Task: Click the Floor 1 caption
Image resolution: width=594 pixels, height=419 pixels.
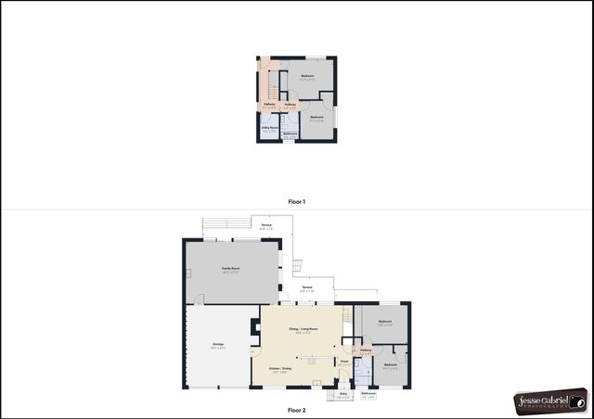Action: coord(296,201)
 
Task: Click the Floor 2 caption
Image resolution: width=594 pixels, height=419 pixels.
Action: coord(296,409)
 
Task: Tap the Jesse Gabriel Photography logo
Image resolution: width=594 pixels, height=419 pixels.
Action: coord(550,400)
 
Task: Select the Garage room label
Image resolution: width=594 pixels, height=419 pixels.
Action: coord(218,345)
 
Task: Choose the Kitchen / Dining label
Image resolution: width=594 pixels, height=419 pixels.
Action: coord(280,369)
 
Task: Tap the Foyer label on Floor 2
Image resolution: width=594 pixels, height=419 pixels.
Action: coord(343,362)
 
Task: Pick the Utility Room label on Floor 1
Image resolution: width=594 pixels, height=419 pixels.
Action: coord(270,129)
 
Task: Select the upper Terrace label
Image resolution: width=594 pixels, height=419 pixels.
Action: coord(266,225)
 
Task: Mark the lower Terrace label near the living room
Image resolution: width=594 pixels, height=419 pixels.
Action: coord(307,288)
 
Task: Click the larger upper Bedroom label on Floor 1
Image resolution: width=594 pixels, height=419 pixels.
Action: coord(308,76)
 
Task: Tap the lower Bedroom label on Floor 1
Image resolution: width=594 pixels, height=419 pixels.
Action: coord(316,118)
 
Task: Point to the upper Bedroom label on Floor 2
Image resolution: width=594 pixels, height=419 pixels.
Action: coord(384,323)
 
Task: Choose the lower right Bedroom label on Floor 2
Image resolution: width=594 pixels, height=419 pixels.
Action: coord(391,364)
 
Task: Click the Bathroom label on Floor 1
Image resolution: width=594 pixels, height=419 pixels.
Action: coord(290,134)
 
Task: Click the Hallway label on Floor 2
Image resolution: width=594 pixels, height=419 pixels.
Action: coord(365,350)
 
